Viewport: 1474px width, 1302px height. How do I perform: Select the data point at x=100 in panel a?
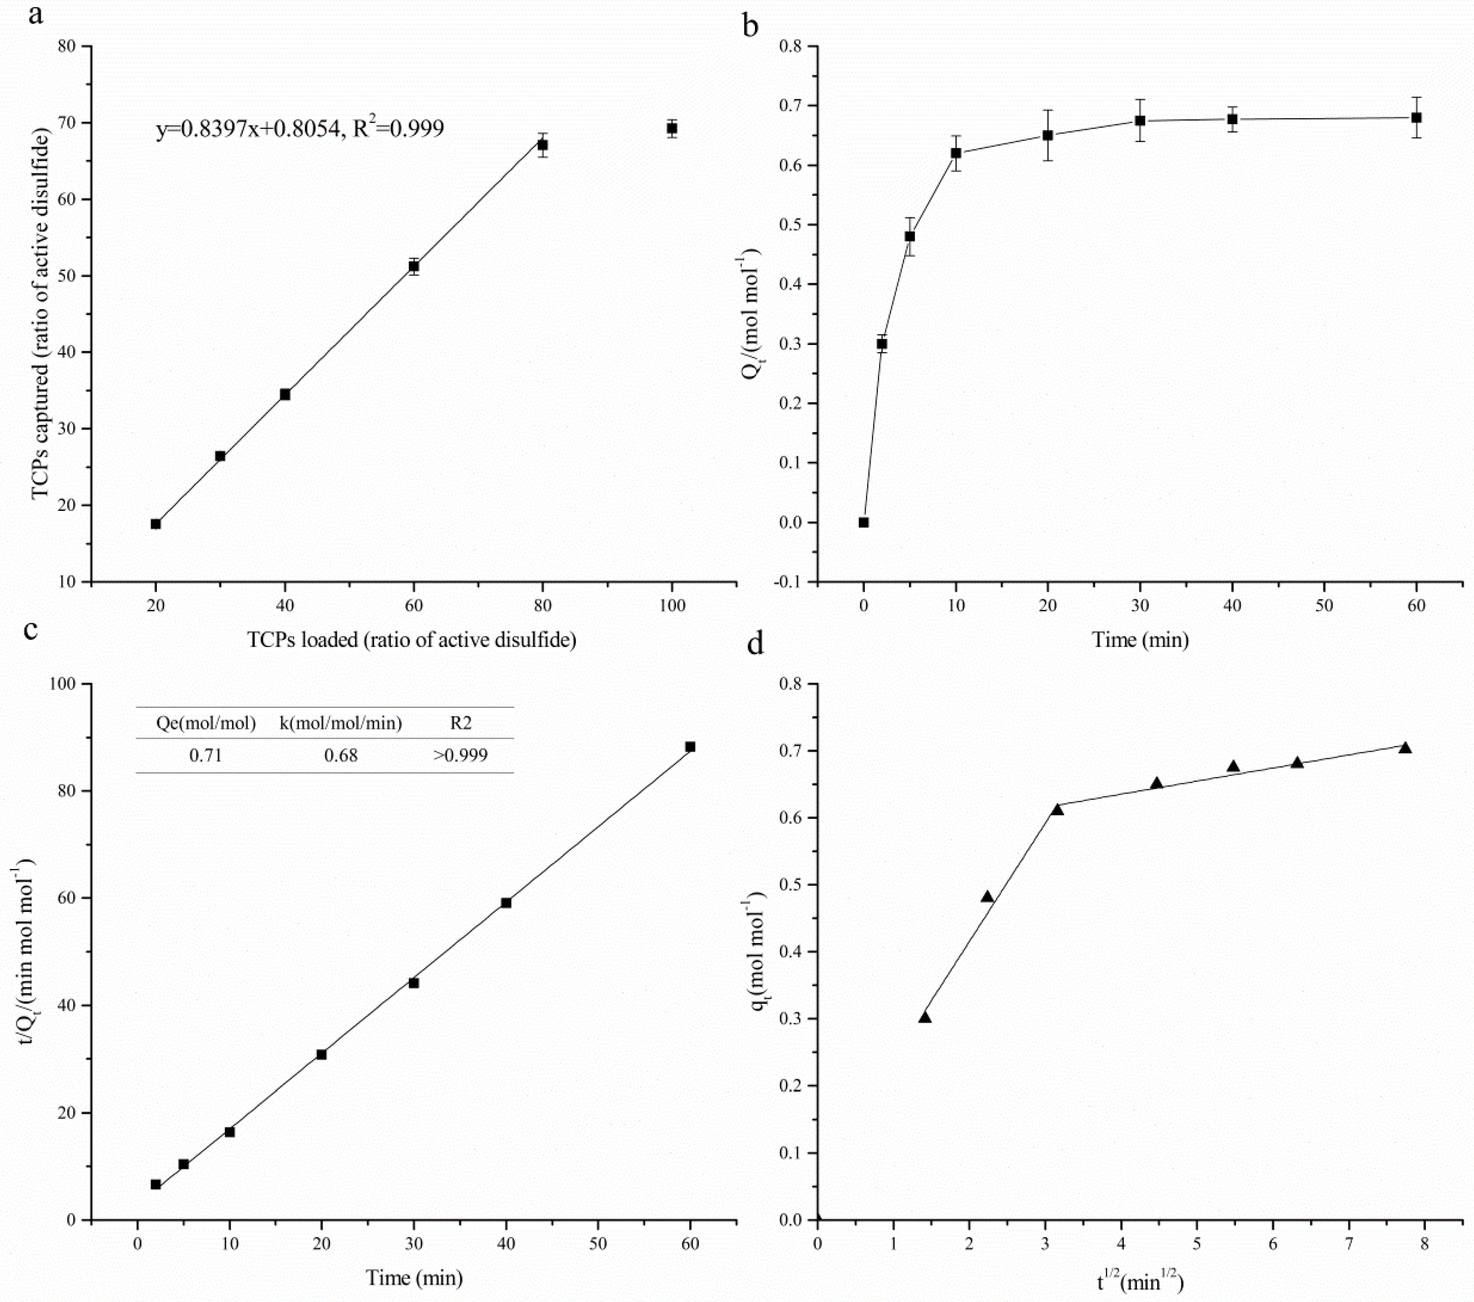[672, 128]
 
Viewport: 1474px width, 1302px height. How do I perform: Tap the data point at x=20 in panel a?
[156, 524]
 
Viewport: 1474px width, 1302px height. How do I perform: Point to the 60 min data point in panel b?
[1416, 118]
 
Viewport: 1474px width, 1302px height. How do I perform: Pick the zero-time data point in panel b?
[863, 522]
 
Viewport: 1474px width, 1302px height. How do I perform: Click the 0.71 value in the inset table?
[206, 755]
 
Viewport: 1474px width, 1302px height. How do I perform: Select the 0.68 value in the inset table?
[340, 755]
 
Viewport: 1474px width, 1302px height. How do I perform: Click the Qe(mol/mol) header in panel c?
[206, 723]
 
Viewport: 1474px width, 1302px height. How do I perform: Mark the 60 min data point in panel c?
[690, 746]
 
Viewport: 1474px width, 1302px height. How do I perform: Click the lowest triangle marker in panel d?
[924, 1017]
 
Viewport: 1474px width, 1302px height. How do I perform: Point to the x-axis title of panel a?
[412, 640]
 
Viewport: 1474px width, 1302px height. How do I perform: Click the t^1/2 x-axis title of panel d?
[1139, 1281]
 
